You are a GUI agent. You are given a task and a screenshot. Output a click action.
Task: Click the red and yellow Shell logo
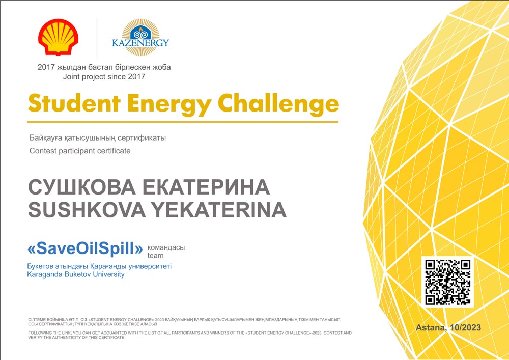coord(58,37)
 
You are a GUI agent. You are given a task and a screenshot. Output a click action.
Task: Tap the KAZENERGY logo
coord(140,37)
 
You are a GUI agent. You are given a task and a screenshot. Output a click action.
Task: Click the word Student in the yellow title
coord(74,103)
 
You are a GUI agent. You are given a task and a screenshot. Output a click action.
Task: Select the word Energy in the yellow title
coord(169,105)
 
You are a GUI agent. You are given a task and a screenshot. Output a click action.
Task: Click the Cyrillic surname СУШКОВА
coord(82,187)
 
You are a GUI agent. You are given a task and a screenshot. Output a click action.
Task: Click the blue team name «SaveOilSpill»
coord(85,249)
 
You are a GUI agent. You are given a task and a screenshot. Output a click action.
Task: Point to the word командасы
coord(166,247)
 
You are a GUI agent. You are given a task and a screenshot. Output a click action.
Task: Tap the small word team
coord(155,256)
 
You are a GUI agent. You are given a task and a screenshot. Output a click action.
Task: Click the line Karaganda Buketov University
coord(76,274)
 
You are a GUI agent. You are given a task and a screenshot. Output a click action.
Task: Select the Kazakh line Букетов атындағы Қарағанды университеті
coord(99,266)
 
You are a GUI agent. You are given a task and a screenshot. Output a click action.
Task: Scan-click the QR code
coord(447,282)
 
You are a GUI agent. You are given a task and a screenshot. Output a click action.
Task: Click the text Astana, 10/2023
coord(448,327)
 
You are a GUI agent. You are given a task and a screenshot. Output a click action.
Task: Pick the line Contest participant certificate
coord(80,151)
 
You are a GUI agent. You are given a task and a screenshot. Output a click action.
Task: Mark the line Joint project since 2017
coord(104,77)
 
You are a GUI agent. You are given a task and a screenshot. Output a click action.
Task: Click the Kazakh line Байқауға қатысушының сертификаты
coord(98,138)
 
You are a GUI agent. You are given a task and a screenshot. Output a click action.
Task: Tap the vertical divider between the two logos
coord(97,39)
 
